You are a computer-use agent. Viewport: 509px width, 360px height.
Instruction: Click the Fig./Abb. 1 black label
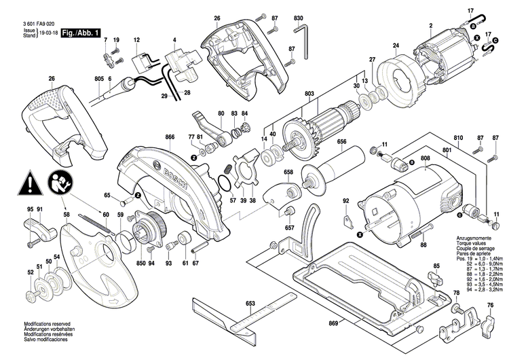[81, 33]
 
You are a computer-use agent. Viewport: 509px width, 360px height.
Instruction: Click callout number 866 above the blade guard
[170, 137]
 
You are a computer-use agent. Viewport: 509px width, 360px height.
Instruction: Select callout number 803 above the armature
[309, 93]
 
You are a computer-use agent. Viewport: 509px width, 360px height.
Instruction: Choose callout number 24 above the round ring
[395, 46]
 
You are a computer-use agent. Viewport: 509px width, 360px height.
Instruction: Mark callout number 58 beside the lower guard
[66, 215]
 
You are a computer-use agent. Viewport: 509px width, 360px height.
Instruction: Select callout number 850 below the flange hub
[140, 263]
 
